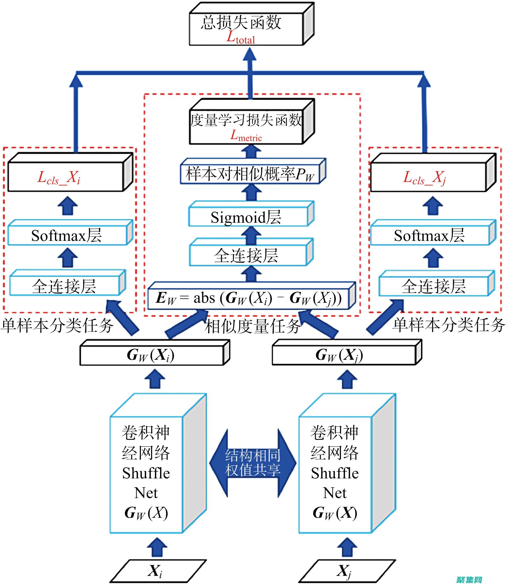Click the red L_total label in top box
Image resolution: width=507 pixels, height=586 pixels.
pos(241,38)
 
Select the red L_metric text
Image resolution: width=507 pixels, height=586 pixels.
pos(246,136)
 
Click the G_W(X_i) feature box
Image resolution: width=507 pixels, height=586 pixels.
pos(151,355)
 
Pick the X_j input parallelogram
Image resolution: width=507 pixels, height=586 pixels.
pos(346,571)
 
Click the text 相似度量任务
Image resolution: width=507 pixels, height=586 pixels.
pos(253,326)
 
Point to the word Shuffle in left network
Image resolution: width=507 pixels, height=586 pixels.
pos(146,473)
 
